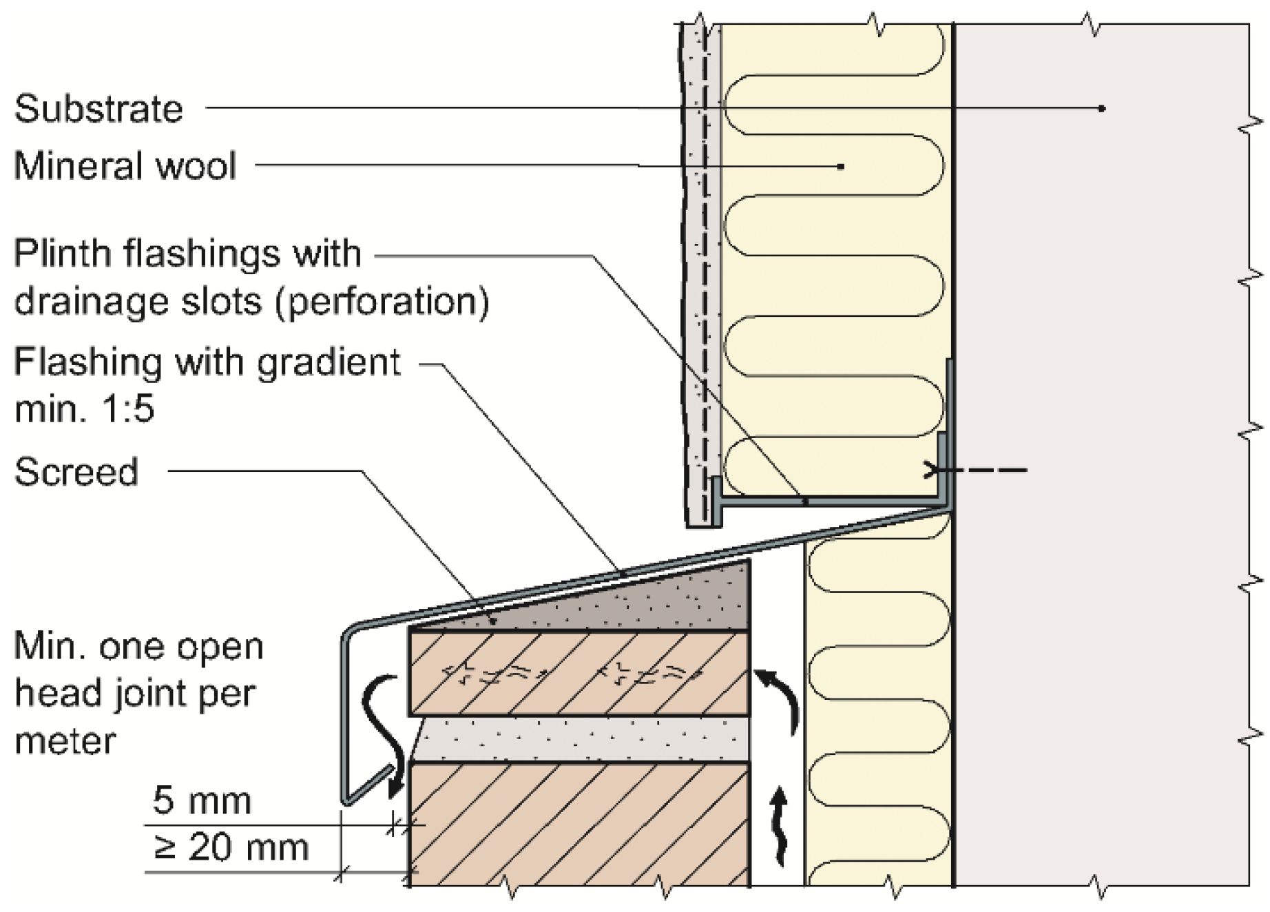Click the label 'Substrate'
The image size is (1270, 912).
98,109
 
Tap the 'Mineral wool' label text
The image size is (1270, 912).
125,166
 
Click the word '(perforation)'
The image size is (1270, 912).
382,302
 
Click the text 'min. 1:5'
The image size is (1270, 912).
84,410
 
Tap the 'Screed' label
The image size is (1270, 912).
76,472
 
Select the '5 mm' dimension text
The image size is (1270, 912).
202,801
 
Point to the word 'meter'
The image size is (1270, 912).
65,741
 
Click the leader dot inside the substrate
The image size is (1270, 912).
1102,109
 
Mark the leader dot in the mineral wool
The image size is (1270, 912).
840,166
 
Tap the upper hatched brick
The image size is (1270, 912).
579,672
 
